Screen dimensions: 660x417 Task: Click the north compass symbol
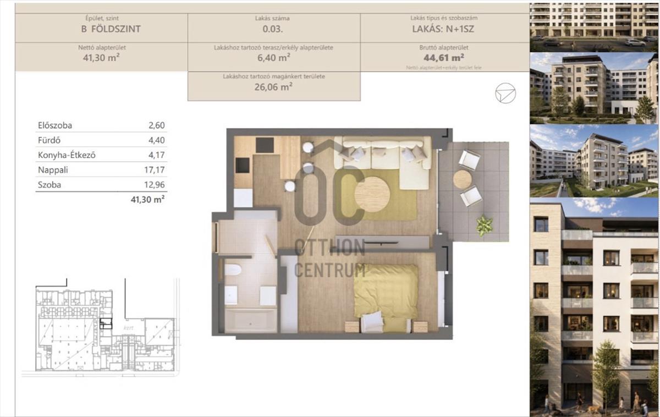tap(505, 94)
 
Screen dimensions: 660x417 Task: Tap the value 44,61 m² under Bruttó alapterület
tap(444, 57)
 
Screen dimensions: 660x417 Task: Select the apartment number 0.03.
tap(273, 29)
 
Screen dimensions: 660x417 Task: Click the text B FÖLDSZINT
tap(111, 29)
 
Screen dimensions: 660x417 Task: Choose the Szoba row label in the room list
tap(50, 185)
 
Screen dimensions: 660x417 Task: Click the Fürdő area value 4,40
tap(156, 140)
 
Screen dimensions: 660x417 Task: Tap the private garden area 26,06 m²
tap(273, 87)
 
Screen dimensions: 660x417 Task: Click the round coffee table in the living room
tap(372, 194)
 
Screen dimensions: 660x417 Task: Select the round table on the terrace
tap(463, 179)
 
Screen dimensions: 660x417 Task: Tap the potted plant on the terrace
tap(485, 226)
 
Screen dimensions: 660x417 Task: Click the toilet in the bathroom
tap(233, 270)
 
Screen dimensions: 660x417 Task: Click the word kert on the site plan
tap(129, 328)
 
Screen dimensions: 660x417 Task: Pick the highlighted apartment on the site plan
tap(106, 323)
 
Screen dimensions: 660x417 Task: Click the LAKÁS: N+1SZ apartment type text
tap(443, 29)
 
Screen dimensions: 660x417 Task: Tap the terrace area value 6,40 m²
tap(274, 57)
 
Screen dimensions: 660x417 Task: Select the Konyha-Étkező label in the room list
tap(67, 155)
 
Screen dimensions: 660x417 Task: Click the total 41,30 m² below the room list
tap(147, 200)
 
